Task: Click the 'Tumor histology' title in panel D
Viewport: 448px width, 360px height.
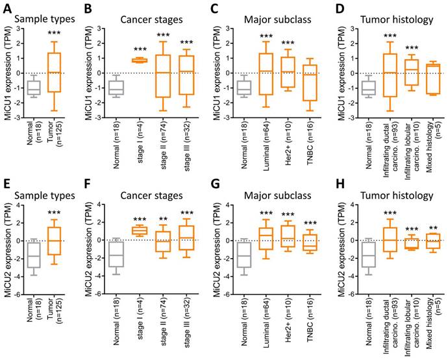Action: pyautogui.click(x=397, y=19)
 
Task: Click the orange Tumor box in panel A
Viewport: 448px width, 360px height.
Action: pyautogui.click(x=55, y=73)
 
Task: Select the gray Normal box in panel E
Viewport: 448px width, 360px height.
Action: pyautogui.click(x=30, y=251)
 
